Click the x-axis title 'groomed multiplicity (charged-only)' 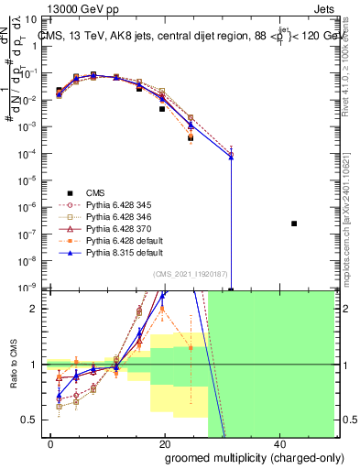pos(242,457)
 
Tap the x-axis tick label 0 pos(51,443)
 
